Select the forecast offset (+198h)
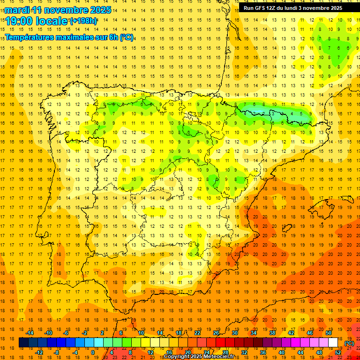pyautogui.click(x=83, y=21)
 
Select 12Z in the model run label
pyautogui.click(x=274, y=8)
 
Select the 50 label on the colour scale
pyautogui.click(x=329, y=332)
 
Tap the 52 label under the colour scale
pyautogui.click(x=338, y=352)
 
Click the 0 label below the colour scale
pyautogui.click(x=93, y=352)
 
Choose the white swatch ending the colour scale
pyautogui.click(x=333, y=343)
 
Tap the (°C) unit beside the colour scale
pyautogui.click(x=349, y=343)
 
